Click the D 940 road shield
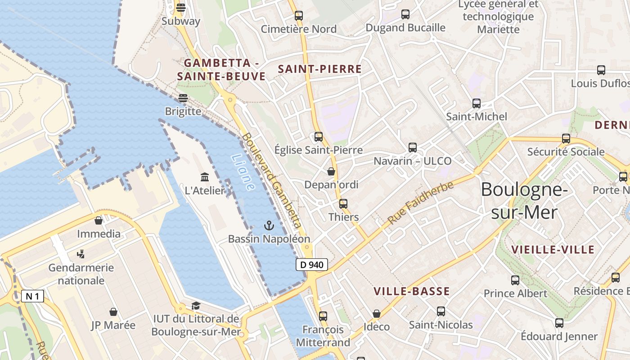point(311,265)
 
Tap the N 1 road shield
point(33,296)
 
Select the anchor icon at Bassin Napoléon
point(269,225)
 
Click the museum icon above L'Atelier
point(205,177)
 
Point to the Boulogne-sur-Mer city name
point(524,201)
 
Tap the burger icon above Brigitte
point(183,98)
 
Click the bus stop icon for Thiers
point(343,203)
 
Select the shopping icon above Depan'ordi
point(331,171)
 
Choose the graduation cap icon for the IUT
point(196,306)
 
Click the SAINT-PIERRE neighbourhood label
point(320,69)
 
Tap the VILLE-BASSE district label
point(412,292)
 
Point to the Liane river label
point(243,172)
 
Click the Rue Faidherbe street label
point(420,203)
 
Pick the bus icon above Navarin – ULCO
point(412,147)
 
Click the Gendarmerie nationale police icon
point(81,254)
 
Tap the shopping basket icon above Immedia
point(99,220)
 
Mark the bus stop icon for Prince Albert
point(515,280)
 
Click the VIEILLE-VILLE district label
point(553,250)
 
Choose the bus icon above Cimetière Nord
point(299,16)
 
